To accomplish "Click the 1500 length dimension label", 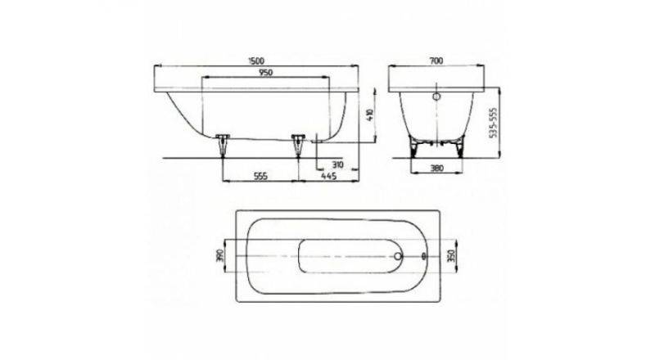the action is (257, 61).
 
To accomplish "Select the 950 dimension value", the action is (265, 73).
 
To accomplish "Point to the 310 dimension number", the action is (337, 165).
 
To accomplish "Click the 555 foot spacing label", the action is (260, 176).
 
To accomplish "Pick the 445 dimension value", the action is (329, 176).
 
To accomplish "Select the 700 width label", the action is (436, 61).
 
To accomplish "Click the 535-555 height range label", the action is (493, 123).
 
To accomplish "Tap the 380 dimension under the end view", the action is (436, 169).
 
